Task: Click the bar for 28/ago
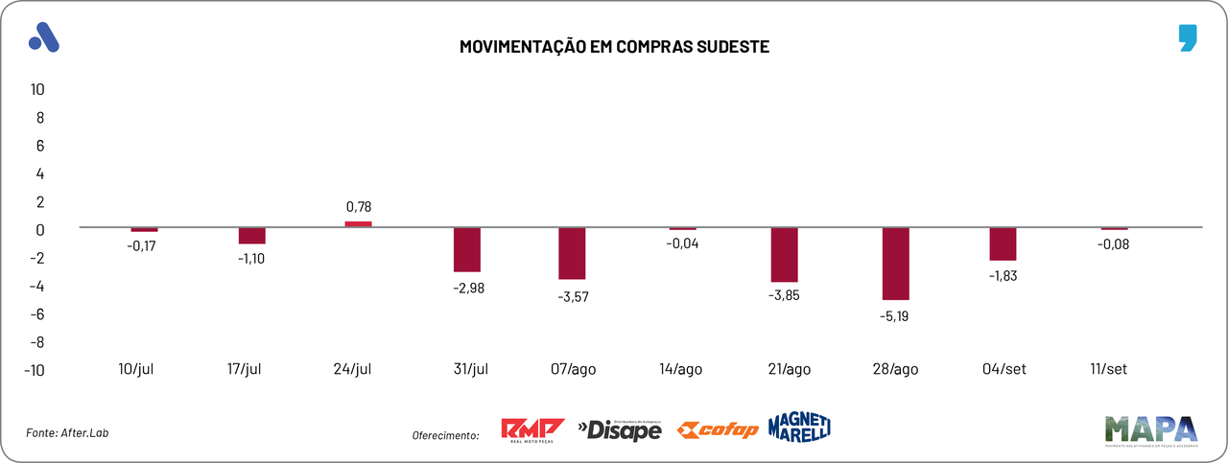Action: point(895,264)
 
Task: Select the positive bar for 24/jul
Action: point(358,224)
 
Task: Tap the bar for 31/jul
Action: point(467,249)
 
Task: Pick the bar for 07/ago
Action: point(572,253)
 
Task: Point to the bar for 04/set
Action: point(1003,243)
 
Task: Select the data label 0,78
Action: point(358,206)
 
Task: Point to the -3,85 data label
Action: point(784,295)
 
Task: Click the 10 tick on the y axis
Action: point(38,89)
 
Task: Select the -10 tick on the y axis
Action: point(35,371)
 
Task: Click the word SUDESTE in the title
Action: point(727,46)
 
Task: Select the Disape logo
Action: point(619,430)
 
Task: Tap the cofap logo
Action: point(718,429)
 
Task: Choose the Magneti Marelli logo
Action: point(799,428)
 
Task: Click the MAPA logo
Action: point(1150,430)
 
